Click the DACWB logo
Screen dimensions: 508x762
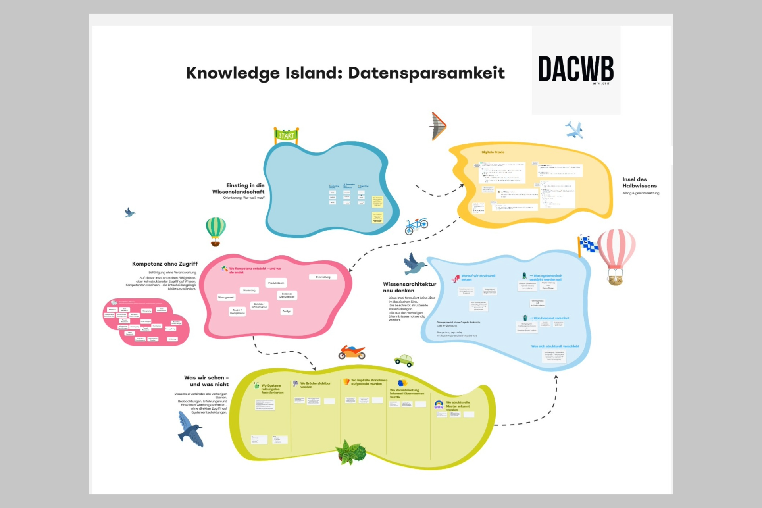click(575, 69)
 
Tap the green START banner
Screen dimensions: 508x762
click(286, 136)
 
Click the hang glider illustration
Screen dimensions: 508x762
click(439, 127)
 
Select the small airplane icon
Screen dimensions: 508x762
click(574, 130)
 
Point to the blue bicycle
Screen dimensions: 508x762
click(416, 226)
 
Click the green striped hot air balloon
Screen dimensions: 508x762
click(216, 231)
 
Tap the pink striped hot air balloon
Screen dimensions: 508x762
click(616, 254)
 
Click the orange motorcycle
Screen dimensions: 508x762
click(352, 352)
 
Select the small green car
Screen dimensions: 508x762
click(404, 360)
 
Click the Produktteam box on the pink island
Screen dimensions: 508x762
click(276, 283)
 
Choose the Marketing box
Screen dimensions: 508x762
click(249, 291)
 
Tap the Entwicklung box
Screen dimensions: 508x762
click(323, 277)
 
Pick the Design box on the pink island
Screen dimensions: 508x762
click(287, 312)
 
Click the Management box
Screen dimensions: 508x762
click(226, 297)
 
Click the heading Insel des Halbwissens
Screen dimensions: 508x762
click(639, 183)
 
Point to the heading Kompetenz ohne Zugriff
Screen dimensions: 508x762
click(165, 264)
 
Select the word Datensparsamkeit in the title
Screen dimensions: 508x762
click(426, 73)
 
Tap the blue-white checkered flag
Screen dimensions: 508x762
click(588, 244)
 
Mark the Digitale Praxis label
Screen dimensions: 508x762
click(493, 152)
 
